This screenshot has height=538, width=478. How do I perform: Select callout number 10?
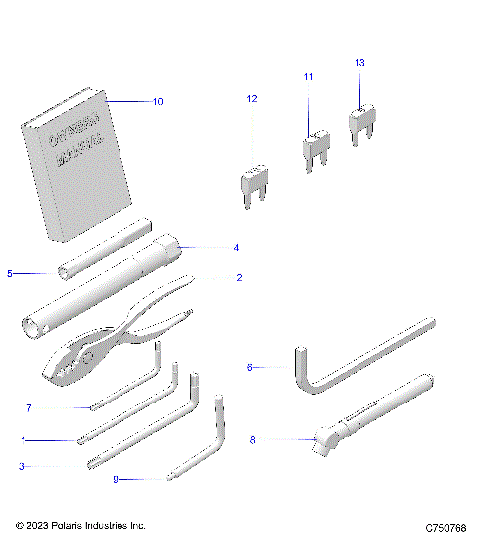point(158,102)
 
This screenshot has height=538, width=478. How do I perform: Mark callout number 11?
point(308,77)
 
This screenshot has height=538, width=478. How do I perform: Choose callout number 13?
point(359,62)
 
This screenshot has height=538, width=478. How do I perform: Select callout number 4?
point(236,246)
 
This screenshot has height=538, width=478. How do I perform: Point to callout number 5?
point(9,272)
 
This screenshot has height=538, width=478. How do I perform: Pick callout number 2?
point(238,278)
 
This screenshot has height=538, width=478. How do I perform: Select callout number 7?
point(30,407)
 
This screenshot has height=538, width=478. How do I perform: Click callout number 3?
point(21,465)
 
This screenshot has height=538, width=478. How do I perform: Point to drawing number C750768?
point(445,526)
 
